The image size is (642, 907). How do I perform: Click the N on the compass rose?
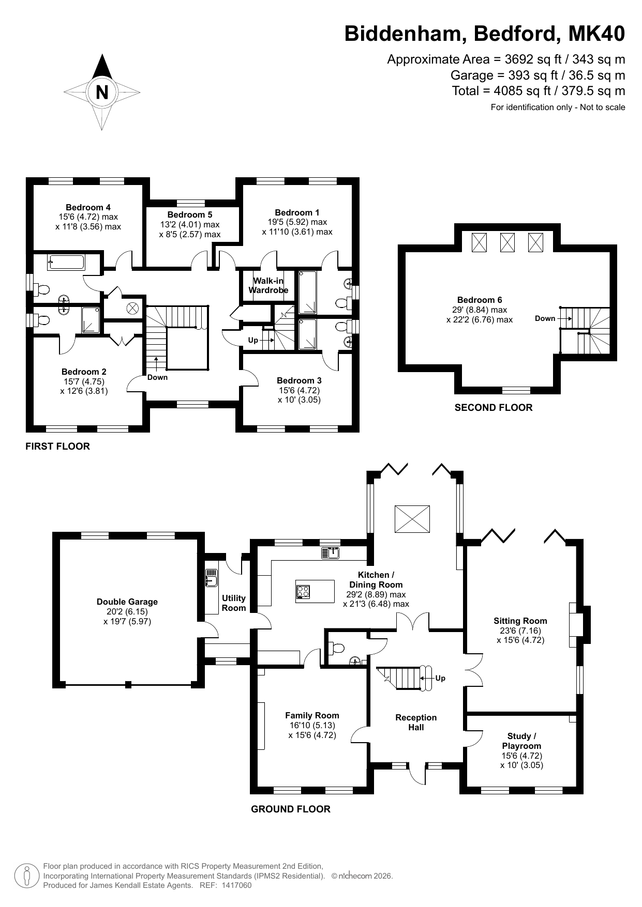[102, 93]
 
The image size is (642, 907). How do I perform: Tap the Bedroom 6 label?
[480, 300]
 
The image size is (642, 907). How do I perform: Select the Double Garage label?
[127, 602]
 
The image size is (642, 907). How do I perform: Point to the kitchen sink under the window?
[330, 553]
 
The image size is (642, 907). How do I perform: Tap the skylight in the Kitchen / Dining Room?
[412, 519]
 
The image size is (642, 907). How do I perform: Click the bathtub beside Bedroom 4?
[66, 262]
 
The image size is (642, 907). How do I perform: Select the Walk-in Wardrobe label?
[268, 285]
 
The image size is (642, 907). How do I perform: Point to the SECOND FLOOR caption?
[494, 408]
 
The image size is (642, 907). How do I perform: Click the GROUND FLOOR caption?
[291, 809]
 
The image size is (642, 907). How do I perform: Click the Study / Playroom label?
[521, 741]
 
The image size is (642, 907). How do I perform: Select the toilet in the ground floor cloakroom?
[336, 648]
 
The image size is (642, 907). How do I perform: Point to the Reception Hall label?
[416, 722]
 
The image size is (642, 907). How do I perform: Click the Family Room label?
[312, 715]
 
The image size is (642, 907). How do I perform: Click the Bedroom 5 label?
[190, 214]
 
